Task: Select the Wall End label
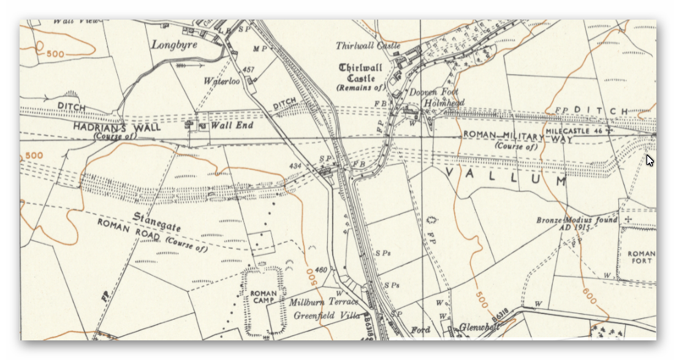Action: click(232, 126)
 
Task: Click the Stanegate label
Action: click(158, 223)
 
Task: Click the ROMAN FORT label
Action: click(641, 258)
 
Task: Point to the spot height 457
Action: click(248, 70)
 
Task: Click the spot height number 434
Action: click(295, 166)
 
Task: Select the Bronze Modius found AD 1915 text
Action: click(577, 224)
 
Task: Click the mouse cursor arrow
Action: click(650, 160)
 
